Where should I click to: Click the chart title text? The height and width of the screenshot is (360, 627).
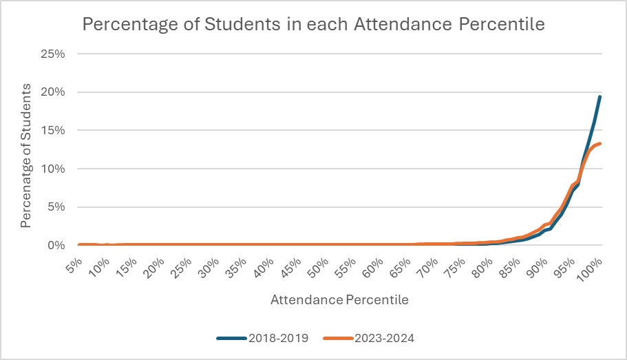pyautogui.click(x=313, y=24)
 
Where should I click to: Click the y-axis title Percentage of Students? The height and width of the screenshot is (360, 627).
pyautogui.click(x=26, y=156)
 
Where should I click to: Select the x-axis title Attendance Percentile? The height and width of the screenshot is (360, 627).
pyautogui.click(x=339, y=300)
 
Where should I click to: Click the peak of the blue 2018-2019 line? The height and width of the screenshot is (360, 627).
pyautogui.click(x=600, y=96)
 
